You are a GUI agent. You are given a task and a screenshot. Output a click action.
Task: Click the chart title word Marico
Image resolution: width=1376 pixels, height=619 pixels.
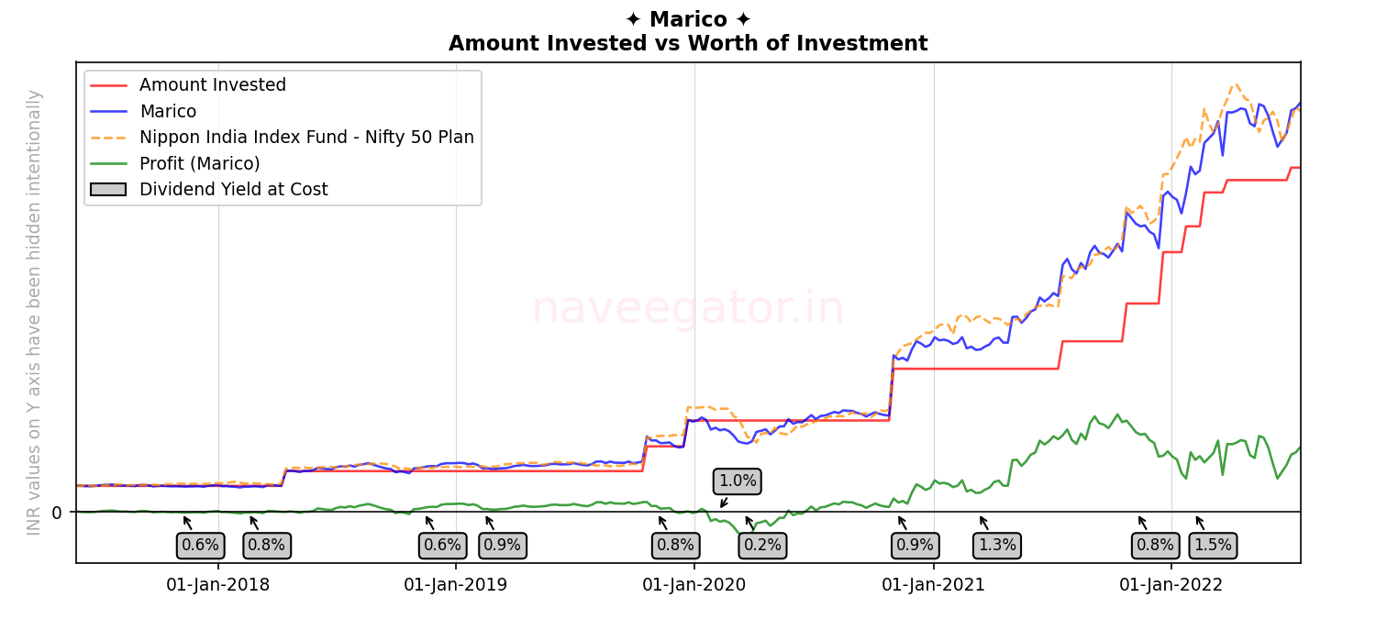coord(688,19)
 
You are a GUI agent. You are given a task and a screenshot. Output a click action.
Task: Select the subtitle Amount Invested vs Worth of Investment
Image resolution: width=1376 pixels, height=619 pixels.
coord(688,44)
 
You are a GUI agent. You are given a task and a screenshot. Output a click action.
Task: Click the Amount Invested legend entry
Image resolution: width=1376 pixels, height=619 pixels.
coord(212,85)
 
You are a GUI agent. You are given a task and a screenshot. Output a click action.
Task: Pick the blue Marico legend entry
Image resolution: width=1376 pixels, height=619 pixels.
coord(167,112)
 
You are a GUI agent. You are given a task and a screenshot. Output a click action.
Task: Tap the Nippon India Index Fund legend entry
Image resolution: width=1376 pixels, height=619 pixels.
coord(306,138)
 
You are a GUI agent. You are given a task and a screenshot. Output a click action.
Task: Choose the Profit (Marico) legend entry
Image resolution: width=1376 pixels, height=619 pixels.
coord(199,163)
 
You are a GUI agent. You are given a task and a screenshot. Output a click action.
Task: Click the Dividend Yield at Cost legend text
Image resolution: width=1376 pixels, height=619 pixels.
coord(233,190)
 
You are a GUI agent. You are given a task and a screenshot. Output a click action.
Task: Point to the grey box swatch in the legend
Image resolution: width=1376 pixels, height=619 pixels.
coord(108,190)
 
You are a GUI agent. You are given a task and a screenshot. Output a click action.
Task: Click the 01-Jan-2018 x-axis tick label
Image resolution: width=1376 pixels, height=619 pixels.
coord(218,585)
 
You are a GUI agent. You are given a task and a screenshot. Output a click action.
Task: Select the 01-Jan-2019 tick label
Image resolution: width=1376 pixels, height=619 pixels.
coord(456,585)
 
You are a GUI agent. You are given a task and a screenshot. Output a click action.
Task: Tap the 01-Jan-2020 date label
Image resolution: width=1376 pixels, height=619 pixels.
coord(694,585)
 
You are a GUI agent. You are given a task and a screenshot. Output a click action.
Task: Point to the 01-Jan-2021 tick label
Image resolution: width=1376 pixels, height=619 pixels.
coord(933,585)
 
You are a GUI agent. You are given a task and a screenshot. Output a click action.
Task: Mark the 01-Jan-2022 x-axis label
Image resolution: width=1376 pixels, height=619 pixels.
coord(1171,585)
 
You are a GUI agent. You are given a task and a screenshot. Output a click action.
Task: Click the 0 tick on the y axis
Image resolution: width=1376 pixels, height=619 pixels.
coord(57,513)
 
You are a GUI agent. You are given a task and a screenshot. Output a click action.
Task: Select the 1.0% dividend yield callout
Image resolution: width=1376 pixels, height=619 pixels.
coord(738,481)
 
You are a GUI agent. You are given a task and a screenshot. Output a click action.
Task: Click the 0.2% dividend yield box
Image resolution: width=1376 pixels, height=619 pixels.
coord(762,545)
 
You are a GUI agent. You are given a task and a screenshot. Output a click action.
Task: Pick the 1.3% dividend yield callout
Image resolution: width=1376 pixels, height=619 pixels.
coord(997,545)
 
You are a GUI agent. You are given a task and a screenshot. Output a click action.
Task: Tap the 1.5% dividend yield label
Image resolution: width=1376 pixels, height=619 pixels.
coord(1213,545)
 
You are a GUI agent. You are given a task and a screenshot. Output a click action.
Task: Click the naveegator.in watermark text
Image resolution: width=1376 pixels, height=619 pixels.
coord(688,308)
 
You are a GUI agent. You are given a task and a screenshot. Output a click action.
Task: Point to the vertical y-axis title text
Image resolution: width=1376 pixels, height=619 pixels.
coord(35,312)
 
